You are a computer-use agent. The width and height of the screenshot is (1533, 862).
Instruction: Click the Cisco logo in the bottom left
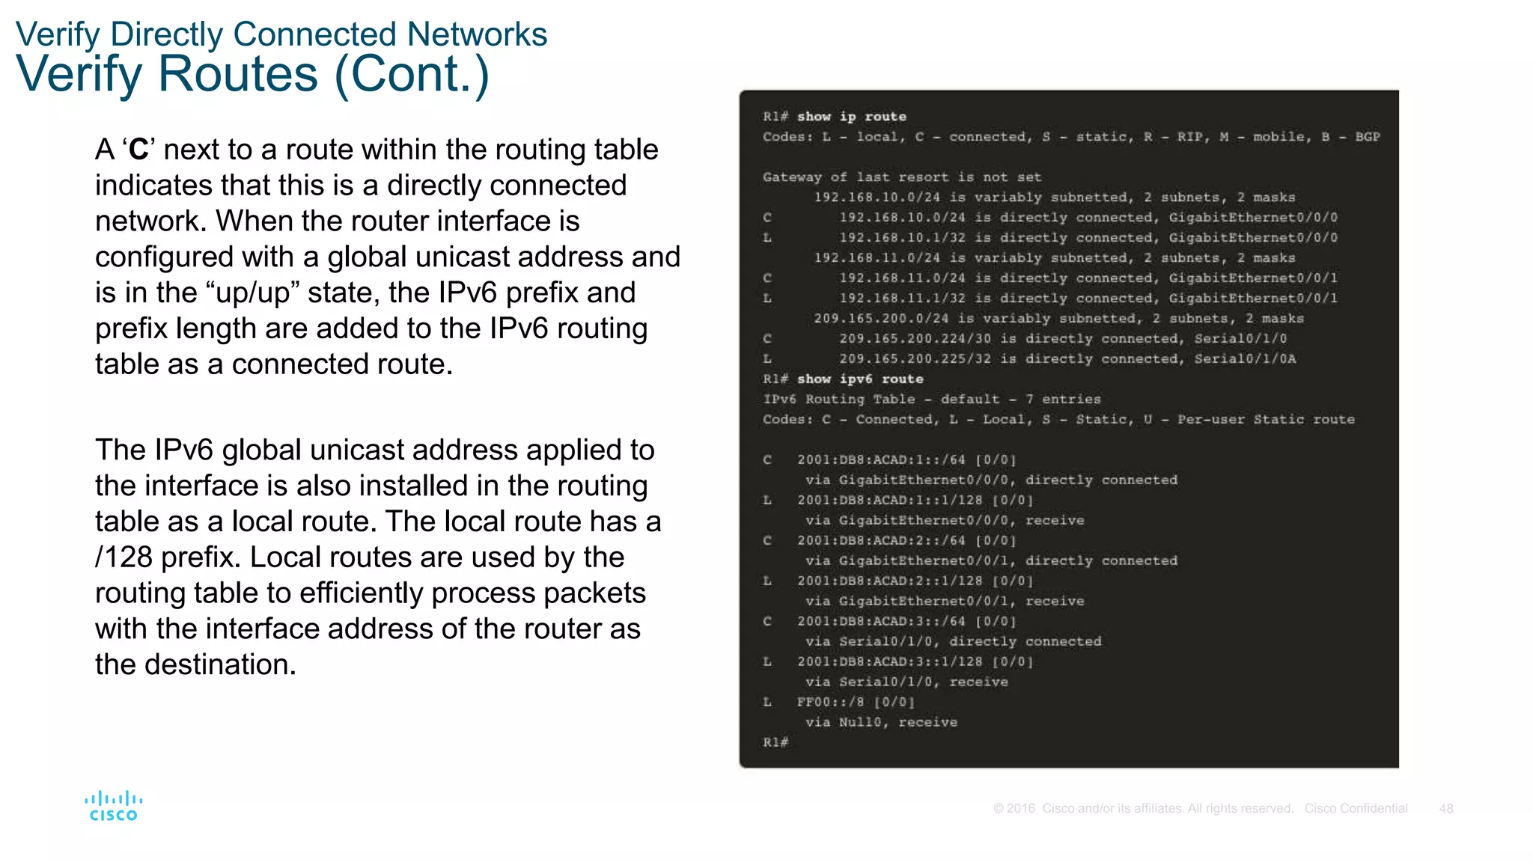click(x=113, y=806)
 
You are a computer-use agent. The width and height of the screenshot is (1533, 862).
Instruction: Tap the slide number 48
click(x=1445, y=809)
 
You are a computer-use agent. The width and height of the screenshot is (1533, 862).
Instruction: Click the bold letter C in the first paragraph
click(x=138, y=150)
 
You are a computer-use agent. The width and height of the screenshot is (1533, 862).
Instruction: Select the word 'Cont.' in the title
click(x=411, y=74)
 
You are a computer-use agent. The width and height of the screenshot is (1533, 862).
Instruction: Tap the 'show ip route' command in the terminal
click(x=851, y=117)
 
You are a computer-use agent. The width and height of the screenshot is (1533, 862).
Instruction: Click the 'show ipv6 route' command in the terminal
click(x=859, y=379)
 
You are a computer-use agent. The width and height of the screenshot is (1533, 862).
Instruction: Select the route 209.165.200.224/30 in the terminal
click(x=915, y=339)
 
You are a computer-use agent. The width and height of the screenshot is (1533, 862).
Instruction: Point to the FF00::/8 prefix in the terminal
click(x=830, y=702)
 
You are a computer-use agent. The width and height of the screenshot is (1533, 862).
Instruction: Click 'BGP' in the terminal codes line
click(x=1367, y=137)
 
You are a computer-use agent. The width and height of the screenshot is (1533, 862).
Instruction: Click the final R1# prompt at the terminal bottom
click(x=775, y=742)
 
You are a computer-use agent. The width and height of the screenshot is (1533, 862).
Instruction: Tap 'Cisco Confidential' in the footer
click(x=1356, y=809)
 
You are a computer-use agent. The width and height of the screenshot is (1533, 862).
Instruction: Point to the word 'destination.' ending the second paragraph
click(x=220, y=664)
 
